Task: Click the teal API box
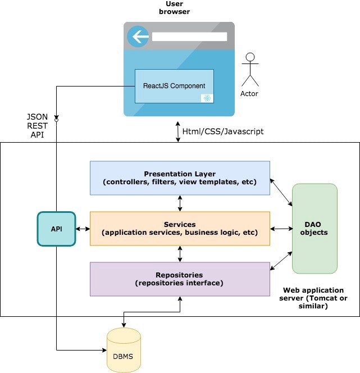pos(56,229)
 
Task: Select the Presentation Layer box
pos(180,178)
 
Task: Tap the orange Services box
pos(180,229)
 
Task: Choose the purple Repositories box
pos(180,279)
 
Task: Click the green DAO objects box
pos(315,228)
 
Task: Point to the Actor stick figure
pos(249,70)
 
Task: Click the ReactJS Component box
pos(174,86)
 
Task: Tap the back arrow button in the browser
pos(138,37)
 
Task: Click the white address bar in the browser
pos(189,37)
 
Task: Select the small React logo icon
pos(207,98)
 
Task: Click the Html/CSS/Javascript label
pos(223,131)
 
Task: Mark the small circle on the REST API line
pos(56,120)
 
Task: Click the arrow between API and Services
pos(83,229)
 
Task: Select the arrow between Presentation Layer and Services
pos(180,203)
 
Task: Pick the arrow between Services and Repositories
pos(180,253)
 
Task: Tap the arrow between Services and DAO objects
pos(281,229)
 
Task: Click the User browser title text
pos(179,7)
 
